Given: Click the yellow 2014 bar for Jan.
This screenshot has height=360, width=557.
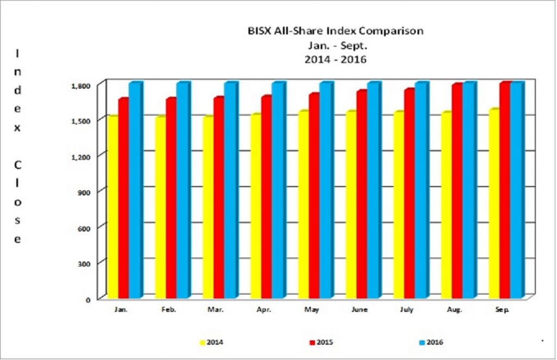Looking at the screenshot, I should [x=113, y=207].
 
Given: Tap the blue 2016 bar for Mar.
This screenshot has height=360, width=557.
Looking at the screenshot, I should [x=230, y=190].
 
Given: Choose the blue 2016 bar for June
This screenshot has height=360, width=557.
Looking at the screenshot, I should [x=373, y=190].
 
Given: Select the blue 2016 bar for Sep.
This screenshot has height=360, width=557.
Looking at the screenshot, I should [x=516, y=190].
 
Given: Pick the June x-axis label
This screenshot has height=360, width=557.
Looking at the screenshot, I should [x=359, y=309].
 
